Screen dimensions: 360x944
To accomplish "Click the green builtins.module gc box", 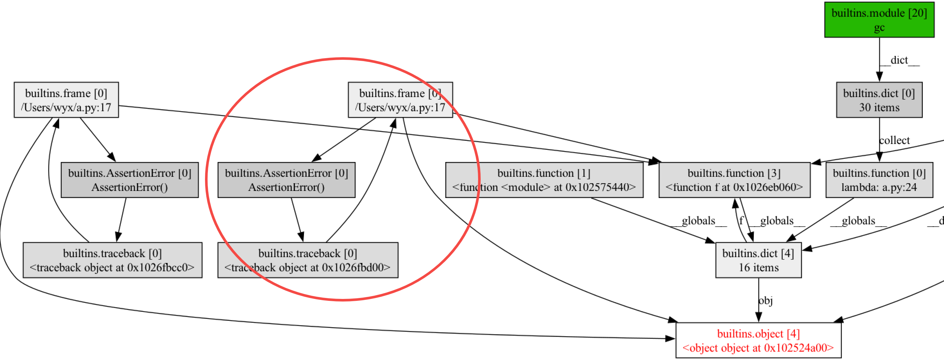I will (x=879, y=20).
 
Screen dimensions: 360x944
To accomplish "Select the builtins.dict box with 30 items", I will (x=879, y=100).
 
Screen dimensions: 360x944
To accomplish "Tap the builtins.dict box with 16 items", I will (x=758, y=260).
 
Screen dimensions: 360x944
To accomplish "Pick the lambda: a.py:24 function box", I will (x=879, y=180).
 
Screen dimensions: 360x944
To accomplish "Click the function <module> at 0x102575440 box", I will (x=544, y=180).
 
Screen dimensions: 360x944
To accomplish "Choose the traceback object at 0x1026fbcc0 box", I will (x=112, y=260).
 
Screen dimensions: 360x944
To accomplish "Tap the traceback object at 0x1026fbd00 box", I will (x=307, y=260).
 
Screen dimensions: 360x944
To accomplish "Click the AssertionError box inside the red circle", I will (x=286, y=180).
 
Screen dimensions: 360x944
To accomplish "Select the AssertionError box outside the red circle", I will (x=129, y=180).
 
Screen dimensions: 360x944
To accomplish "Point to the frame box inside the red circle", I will (x=400, y=100).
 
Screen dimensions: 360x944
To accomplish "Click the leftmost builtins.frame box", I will (x=66, y=100).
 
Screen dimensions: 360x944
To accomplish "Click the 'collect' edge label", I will (x=894, y=140).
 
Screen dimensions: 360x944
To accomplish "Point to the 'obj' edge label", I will (x=766, y=301).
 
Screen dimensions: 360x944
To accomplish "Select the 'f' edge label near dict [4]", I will (x=741, y=221).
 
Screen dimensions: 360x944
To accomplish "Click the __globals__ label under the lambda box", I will (x=858, y=221).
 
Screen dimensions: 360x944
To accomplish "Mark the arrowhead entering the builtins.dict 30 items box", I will (x=879, y=77).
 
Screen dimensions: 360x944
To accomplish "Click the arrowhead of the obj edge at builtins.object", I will (x=759, y=318).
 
